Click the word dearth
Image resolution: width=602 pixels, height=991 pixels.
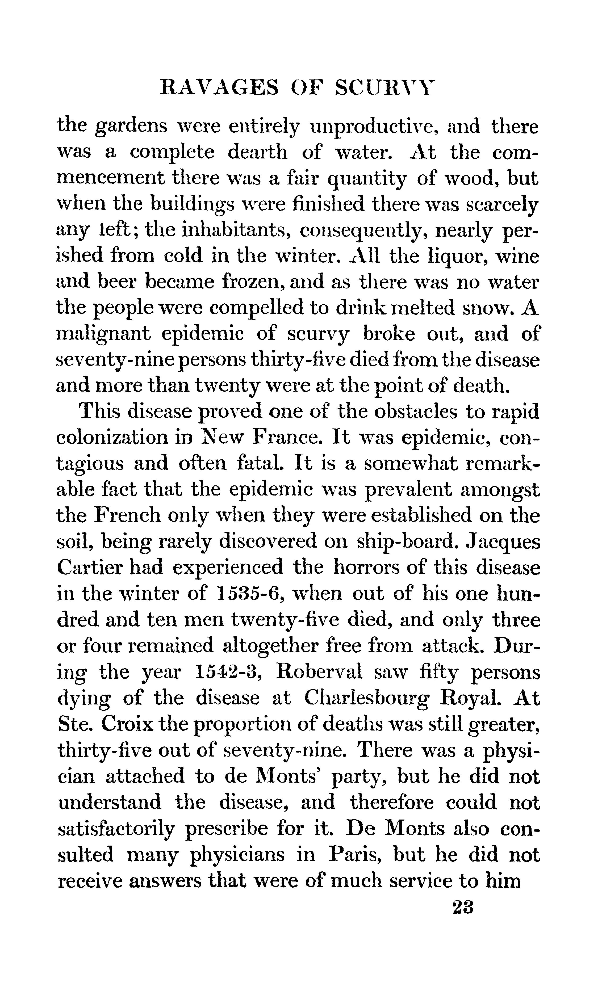pyautogui.click(x=258, y=152)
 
